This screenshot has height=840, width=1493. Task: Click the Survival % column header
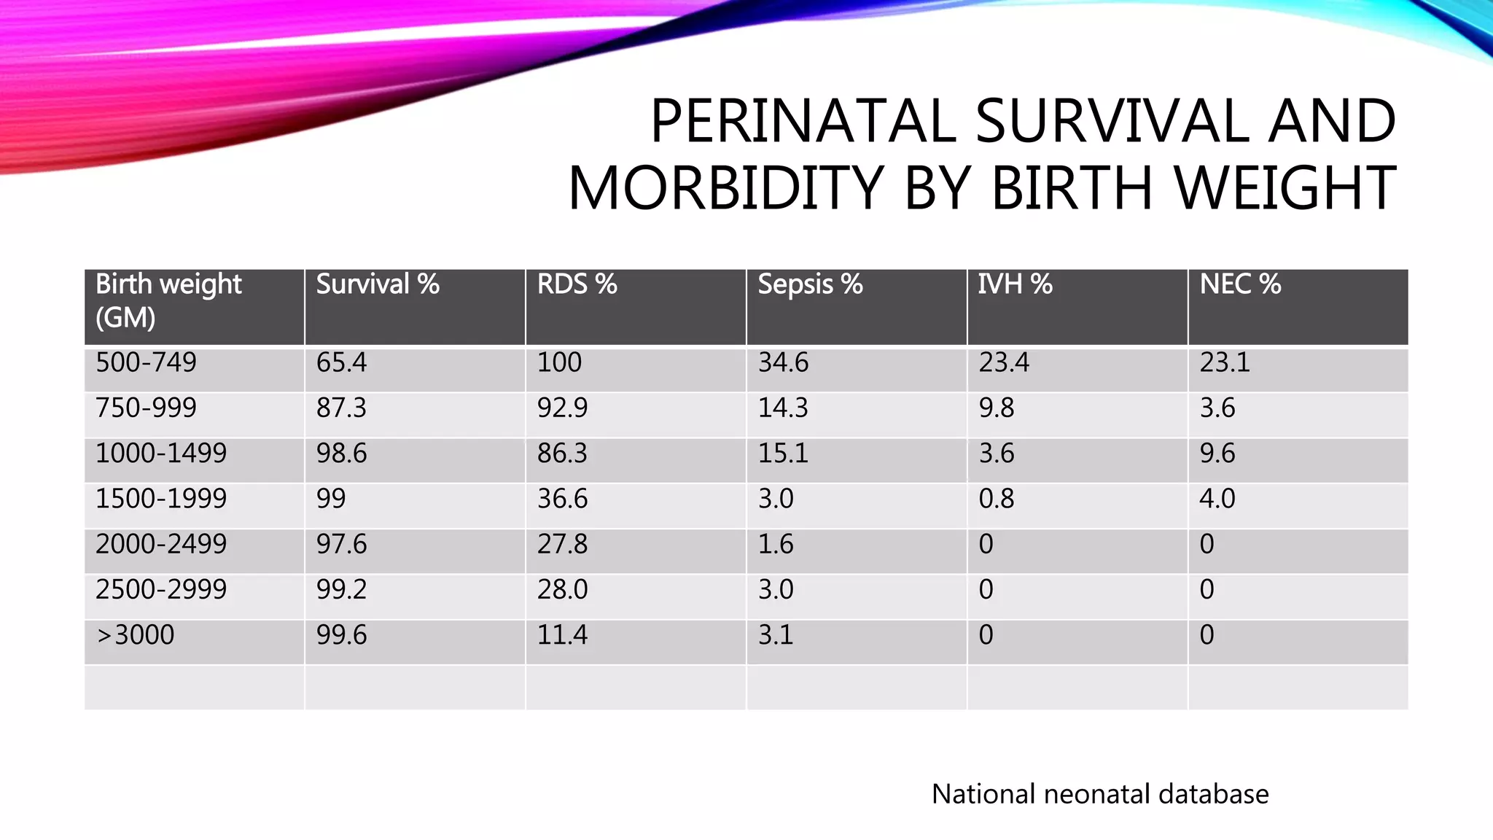click(x=378, y=284)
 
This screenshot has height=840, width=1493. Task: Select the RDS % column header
click(x=577, y=284)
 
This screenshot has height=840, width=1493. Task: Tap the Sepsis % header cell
click(x=810, y=284)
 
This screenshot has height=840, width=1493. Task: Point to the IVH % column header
click(x=1015, y=284)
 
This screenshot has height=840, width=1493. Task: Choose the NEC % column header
click(x=1240, y=284)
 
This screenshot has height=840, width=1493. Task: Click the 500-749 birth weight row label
click(x=146, y=362)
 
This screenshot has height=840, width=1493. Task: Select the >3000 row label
click(x=135, y=635)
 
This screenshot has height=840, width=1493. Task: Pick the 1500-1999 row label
click(x=161, y=499)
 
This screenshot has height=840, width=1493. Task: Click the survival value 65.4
click(x=341, y=362)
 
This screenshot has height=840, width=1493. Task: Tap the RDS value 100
click(x=559, y=362)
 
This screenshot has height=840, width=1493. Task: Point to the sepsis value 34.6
click(x=783, y=362)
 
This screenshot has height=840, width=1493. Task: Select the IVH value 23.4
click(x=1004, y=362)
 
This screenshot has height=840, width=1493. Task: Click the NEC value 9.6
click(x=1217, y=454)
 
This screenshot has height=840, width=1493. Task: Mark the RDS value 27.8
click(x=562, y=544)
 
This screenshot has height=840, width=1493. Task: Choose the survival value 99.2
click(x=341, y=589)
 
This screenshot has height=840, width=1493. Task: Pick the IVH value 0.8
click(x=996, y=499)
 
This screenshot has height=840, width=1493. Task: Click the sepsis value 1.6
click(x=775, y=544)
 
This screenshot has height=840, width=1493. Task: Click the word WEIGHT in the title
click(x=1285, y=188)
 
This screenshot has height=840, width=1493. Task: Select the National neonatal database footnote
click(x=1099, y=794)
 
